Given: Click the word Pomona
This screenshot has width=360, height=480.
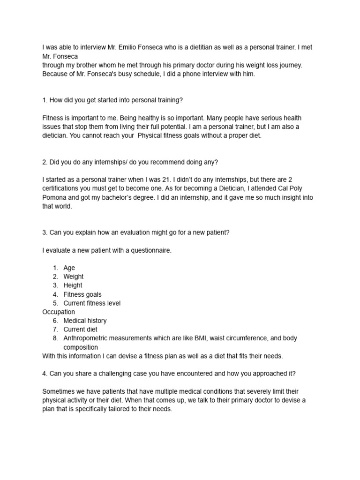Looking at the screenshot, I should (x=54, y=198).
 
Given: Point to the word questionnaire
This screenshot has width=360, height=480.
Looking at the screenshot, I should (x=150, y=250).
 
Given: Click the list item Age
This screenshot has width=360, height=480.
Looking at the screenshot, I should (x=69, y=268).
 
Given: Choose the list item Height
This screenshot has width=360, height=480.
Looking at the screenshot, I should (x=73, y=285).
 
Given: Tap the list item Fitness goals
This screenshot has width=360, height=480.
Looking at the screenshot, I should (x=82, y=294).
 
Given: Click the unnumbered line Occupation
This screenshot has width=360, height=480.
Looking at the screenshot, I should (x=59, y=312).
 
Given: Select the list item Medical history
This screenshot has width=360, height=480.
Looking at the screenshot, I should (x=85, y=321).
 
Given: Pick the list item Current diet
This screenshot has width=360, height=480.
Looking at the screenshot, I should (x=81, y=330).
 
